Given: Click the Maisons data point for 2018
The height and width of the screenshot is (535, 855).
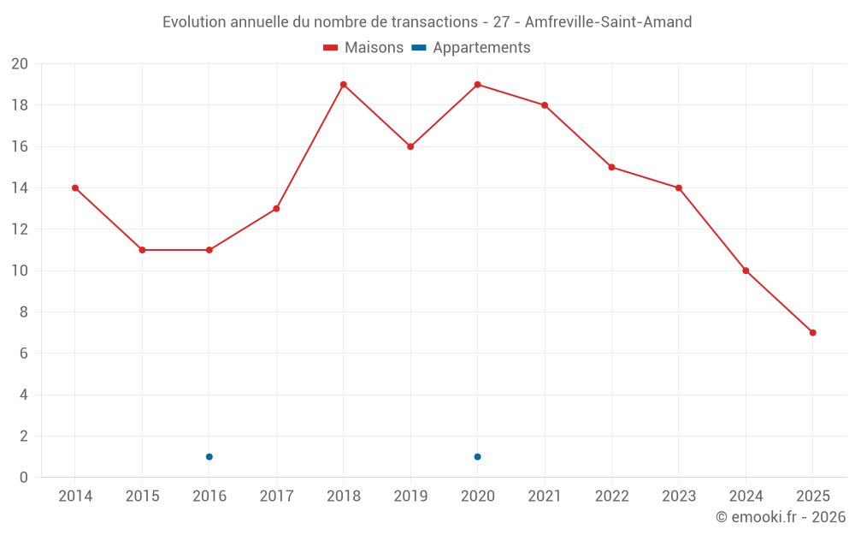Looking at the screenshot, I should pos(343,85).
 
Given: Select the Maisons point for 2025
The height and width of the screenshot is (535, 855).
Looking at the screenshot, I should pos(813,333).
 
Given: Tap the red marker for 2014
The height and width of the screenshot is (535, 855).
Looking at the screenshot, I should pos(75,188).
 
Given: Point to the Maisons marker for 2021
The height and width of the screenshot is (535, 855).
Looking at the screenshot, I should pos(545,105).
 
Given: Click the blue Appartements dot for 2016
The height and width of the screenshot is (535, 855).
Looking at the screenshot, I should pos(209,457).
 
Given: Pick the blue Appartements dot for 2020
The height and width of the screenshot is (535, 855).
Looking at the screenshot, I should pos(478,457).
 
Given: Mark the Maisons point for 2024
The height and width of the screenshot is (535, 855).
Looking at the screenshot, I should pos(746,270).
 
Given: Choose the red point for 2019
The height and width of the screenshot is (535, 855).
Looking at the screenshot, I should pos(410,146).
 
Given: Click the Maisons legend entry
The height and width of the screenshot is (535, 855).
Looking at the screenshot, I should pos(363,48).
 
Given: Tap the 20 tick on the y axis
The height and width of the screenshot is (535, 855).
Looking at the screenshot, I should pos(20,64).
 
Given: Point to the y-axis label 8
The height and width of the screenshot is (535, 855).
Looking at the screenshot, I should pos(24,312).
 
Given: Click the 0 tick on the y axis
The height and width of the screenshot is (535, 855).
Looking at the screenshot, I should pos(24,478).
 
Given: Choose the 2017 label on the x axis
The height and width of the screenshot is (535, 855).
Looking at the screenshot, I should pos(276,496).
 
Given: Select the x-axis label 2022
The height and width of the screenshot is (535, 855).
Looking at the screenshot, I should pos(611,496).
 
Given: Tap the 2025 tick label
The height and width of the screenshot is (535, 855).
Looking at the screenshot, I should pos(813,496).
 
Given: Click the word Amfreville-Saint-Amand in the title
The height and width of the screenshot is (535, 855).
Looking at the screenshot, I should pos(609,22).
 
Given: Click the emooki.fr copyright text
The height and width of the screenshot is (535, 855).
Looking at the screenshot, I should pos(781,517).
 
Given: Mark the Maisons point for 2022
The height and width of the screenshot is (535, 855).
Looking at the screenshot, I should pos(611,168).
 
